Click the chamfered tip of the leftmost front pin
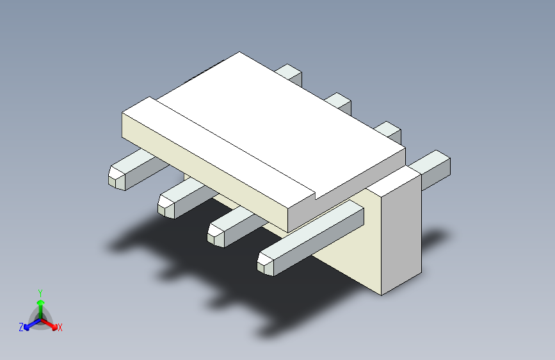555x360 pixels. pos(117,178)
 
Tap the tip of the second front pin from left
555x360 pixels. pos(166,206)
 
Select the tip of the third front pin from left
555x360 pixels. pos(216,235)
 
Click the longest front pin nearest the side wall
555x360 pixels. pos(310,238)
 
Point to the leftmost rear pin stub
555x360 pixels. pos(289,74)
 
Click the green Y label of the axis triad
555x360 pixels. pos(40,293)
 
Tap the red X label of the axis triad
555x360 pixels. pos(60,328)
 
